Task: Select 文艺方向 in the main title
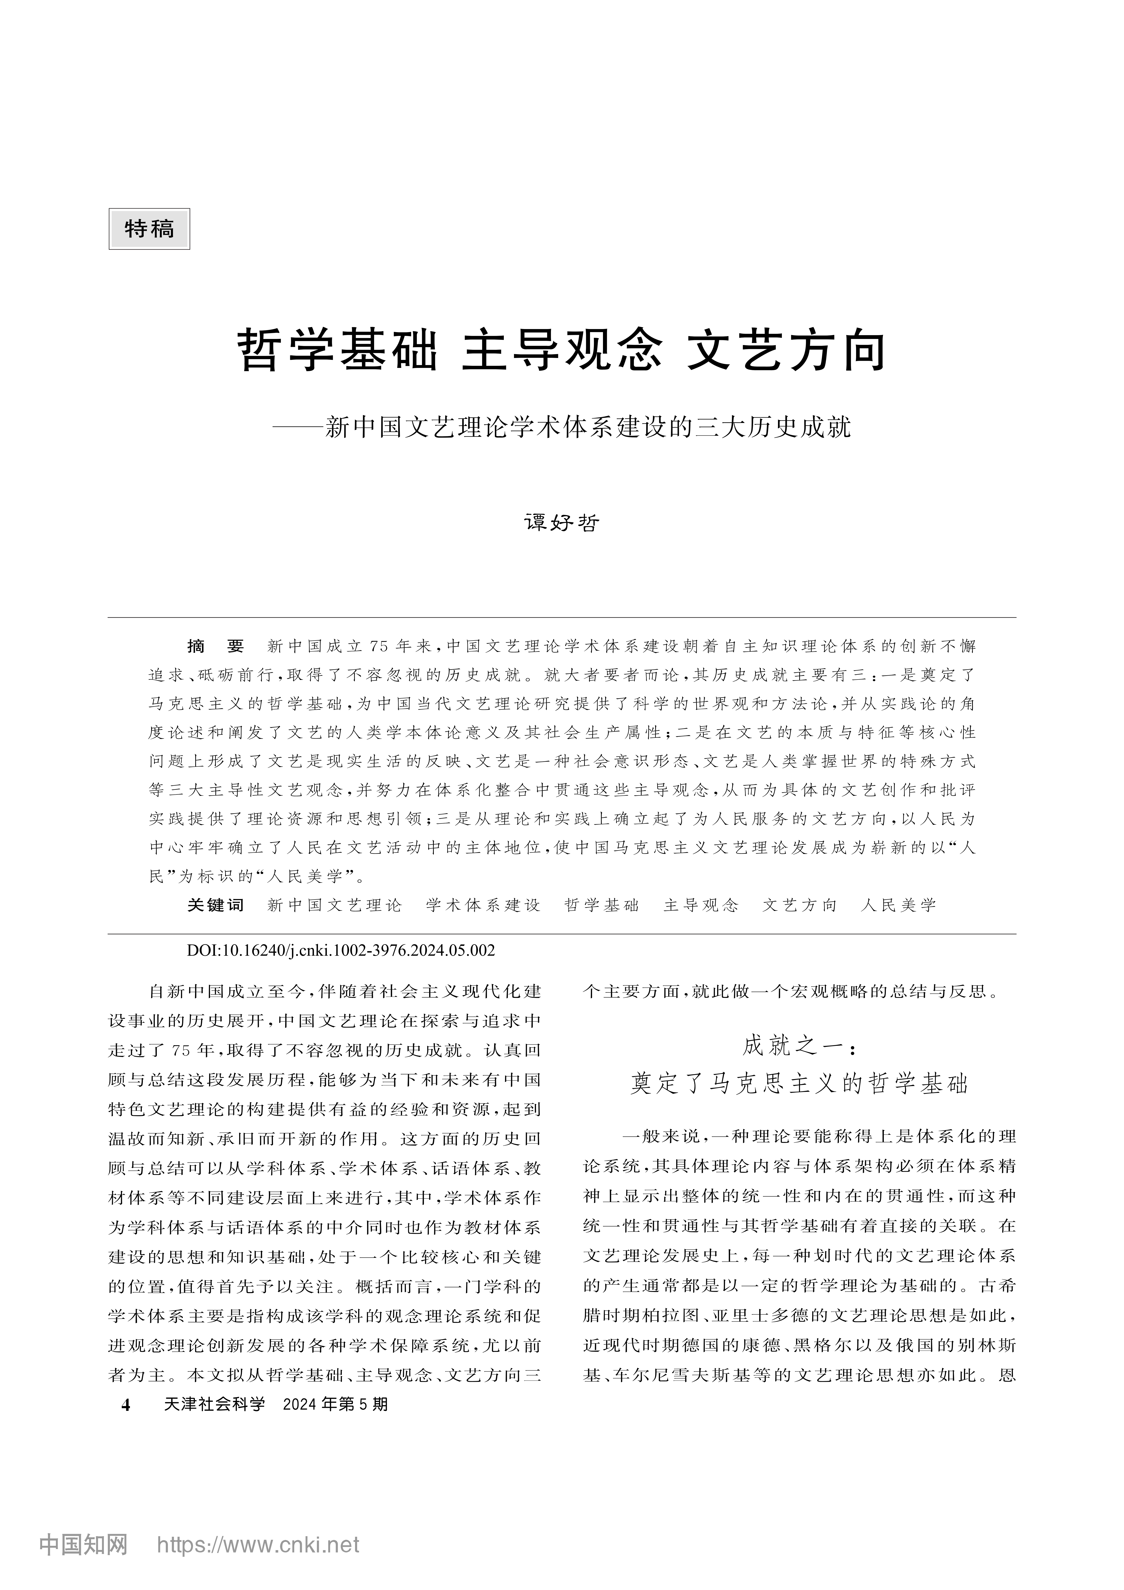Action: click(787, 351)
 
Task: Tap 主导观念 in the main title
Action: click(562, 351)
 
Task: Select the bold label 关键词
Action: click(215, 905)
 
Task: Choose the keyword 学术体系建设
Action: click(483, 905)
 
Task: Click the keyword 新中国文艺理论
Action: click(334, 905)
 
